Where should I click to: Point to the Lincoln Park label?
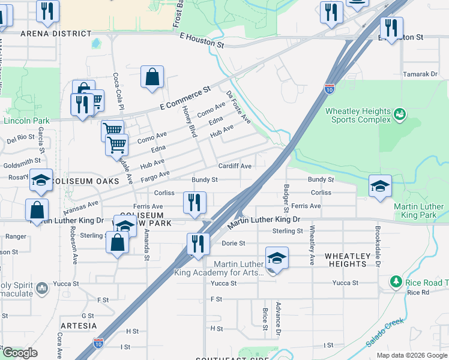click(x=25, y=120)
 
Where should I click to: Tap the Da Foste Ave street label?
click(x=238, y=107)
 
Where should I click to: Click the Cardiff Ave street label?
click(x=234, y=166)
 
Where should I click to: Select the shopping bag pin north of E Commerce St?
click(x=152, y=77)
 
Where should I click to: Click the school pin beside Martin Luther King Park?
click(x=381, y=186)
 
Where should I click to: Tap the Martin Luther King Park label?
click(x=418, y=211)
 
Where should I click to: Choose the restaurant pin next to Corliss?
click(x=194, y=203)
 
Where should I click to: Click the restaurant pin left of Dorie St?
click(x=197, y=244)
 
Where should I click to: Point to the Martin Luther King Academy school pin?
click(x=277, y=258)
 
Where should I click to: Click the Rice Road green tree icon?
click(x=396, y=281)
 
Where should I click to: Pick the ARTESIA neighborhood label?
click(x=78, y=326)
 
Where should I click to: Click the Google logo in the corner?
click(x=20, y=353)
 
